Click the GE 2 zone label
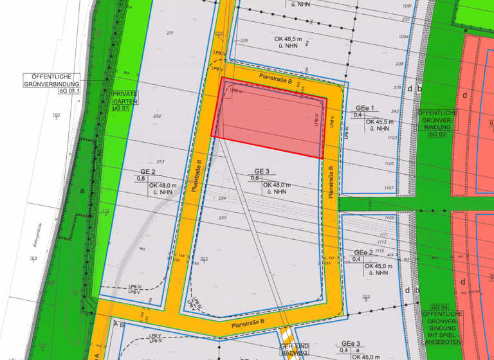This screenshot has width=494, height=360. pos(147,172)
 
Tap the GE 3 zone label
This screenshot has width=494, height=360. pos(262,171)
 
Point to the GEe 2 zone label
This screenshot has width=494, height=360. pos(363,252)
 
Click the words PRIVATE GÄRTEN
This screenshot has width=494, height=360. pos(125,98)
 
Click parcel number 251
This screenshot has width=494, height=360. pos(170,33)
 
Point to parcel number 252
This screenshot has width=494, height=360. pos(158,116)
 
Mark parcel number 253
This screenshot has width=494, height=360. pos(160,161)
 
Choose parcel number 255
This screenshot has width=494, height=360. pos(223,218)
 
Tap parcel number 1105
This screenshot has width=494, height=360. pos(389,164)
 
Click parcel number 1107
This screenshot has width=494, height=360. pos(389,188)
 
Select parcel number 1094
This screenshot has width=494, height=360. pos(403,37)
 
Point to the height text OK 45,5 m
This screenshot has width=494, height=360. pos(381,122)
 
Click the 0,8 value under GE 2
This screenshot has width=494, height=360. pos(140,179)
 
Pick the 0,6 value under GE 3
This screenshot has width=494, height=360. pos(255,178)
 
